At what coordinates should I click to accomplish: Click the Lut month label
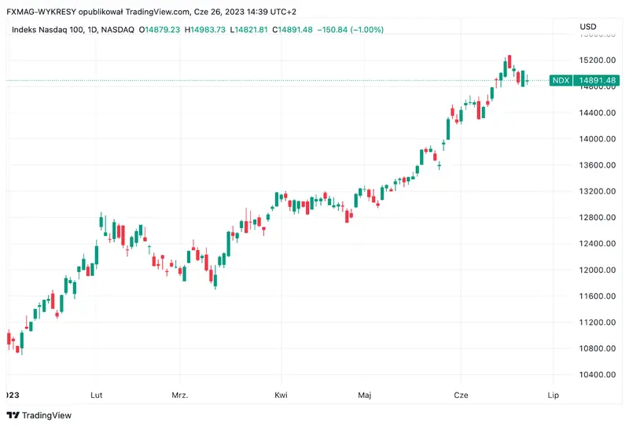point(97,395)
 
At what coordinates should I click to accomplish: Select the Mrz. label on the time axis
point(181,395)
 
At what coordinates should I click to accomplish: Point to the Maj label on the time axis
point(364,395)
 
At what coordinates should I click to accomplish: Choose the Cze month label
point(460,395)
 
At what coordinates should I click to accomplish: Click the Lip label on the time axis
point(553,395)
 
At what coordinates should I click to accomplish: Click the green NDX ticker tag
point(561,80)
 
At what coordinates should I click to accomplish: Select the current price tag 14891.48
point(598,80)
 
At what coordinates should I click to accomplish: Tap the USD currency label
point(588,27)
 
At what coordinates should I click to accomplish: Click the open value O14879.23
point(160,30)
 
